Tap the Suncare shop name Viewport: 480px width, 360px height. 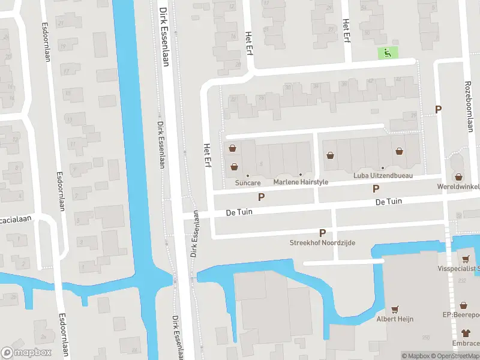(247, 182)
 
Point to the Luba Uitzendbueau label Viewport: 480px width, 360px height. (382, 175)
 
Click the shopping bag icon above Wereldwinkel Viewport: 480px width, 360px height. (459, 177)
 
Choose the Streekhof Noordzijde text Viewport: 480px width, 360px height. (322, 242)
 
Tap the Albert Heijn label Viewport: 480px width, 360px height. (394, 319)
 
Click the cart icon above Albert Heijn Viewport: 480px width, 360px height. (394, 310)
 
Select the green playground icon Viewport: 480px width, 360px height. (387, 53)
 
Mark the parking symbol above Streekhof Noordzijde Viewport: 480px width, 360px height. (322, 233)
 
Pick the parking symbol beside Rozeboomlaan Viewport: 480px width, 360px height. (439, 109)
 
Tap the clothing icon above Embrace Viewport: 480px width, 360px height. (466, 332)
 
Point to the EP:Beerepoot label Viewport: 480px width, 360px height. (461, 314)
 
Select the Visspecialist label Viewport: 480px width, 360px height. (459, 268)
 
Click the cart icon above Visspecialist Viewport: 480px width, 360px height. (466, 259)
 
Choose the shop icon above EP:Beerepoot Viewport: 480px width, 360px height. (463, 305)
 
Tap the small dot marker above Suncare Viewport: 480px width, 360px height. (247, 175)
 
